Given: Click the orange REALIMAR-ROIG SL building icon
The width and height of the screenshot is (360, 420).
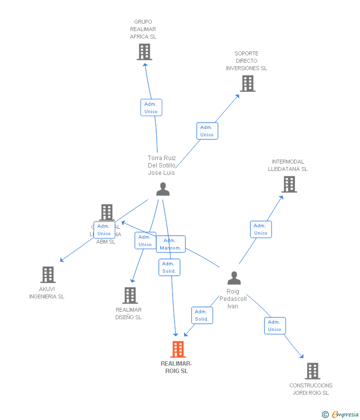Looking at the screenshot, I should tap(178, 349).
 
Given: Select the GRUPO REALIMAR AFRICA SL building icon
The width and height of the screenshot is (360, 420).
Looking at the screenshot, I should tap(144, 52).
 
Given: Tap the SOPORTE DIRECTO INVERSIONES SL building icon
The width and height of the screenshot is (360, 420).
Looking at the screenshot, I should tap(248, 84).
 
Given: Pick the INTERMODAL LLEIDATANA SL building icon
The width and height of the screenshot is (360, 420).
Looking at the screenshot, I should tap(289, 184).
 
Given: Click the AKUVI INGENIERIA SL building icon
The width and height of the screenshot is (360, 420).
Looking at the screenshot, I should tap(47, 275).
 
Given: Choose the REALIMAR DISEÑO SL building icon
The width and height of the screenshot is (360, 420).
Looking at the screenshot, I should tap(130, 295).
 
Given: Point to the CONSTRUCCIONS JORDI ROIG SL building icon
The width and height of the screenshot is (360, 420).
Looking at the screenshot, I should tap(312, 371).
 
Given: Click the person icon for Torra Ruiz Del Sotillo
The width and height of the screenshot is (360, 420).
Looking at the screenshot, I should tap(163, 189).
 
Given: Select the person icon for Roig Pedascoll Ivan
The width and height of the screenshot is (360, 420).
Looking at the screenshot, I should tap(234, 278).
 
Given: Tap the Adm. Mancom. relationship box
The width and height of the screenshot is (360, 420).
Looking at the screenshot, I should tap(171, 244).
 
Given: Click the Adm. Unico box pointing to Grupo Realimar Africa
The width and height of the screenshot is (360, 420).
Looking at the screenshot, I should tap(151, 108).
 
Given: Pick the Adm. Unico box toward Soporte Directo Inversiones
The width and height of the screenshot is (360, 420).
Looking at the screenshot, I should tap(207, 131).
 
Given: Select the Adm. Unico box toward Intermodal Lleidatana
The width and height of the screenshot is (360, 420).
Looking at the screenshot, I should tap(261, 229).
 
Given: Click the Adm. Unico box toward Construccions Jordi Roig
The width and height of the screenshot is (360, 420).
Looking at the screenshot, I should tap(274, 326).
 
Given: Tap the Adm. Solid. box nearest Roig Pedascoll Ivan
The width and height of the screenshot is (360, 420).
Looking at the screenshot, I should tap(202, 315).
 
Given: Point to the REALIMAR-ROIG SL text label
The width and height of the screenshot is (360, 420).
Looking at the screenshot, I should tap(177, 367).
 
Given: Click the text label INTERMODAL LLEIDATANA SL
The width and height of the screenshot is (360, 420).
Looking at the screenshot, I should tap(288, 165).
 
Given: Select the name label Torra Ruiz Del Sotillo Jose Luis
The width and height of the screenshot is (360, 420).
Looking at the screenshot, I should tap(162, 166).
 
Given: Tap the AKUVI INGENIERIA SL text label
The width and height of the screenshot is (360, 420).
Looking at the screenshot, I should tap(47, 293).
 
